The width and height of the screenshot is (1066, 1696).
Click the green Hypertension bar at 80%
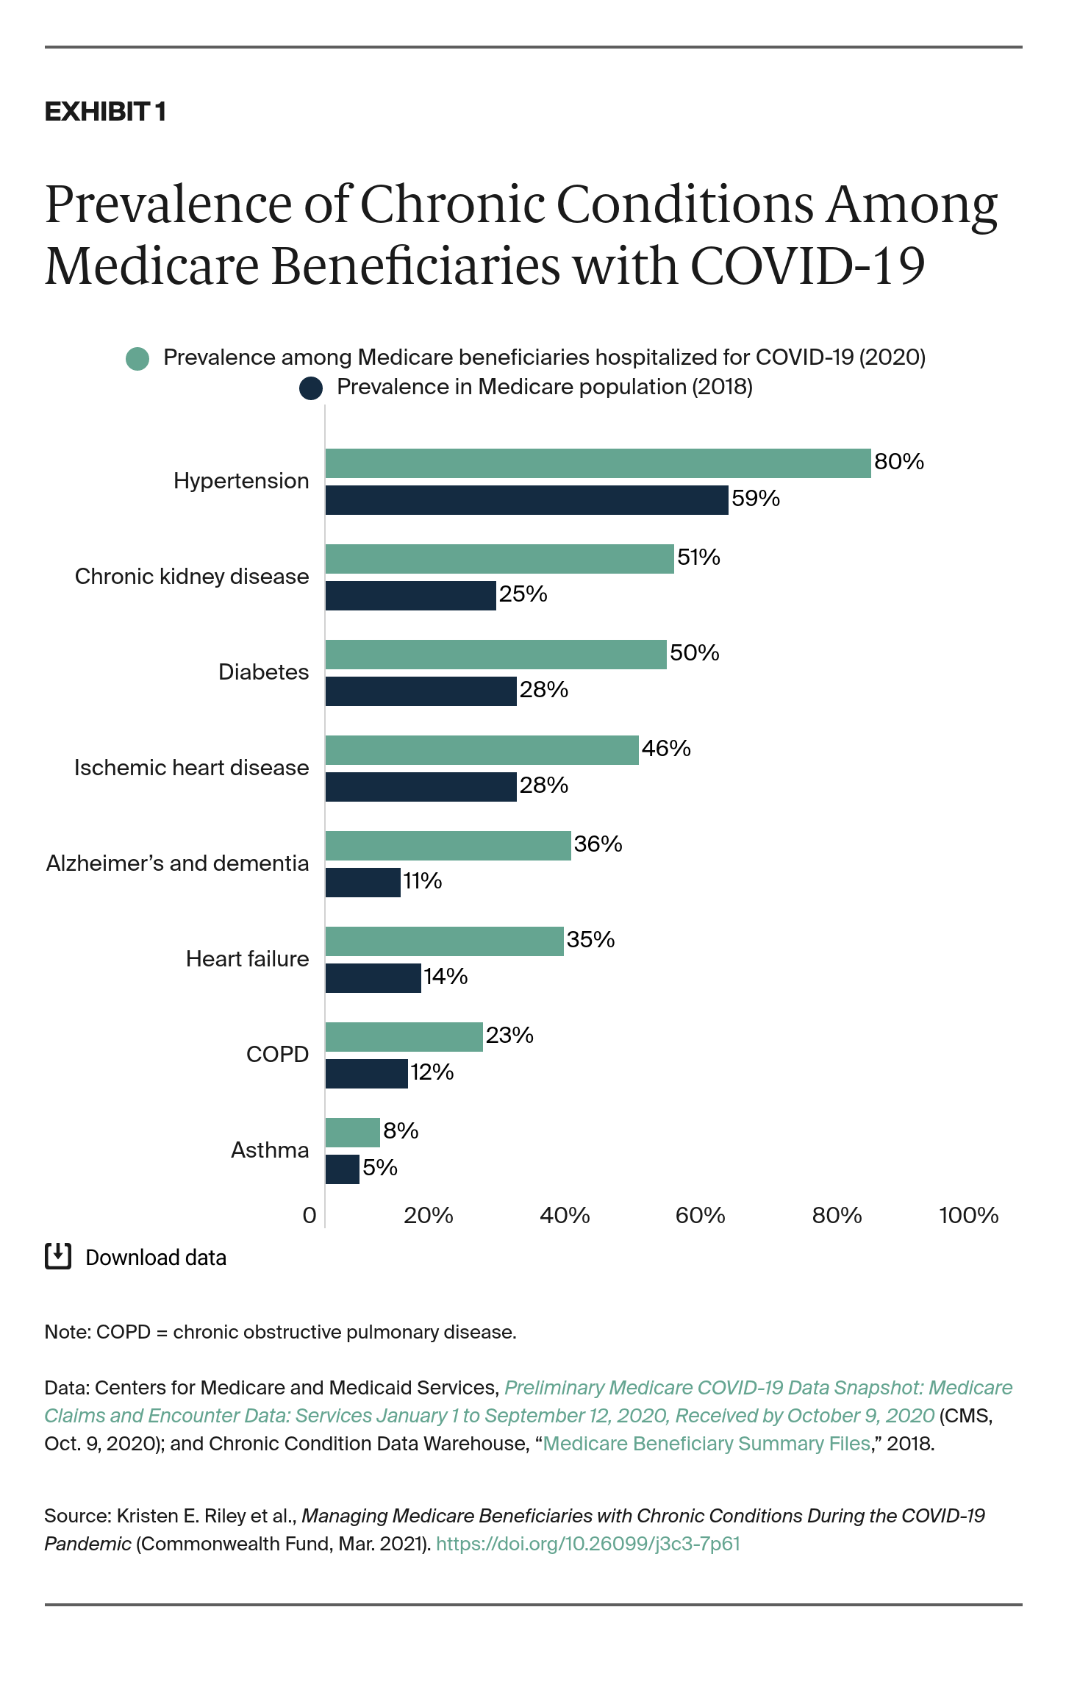coord(598,463)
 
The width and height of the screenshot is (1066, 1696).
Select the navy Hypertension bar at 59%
coord(526,500)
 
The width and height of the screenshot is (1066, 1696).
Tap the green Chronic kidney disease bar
coord(499,559)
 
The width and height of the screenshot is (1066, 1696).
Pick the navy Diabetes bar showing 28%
coord(421,691)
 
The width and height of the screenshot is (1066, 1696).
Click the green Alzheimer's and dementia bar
coord(448,846)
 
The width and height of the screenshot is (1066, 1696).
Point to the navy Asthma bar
coord(342,1169)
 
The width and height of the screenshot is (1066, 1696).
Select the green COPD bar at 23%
coord(404,1037)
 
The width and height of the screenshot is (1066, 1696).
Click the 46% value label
coord(666,749)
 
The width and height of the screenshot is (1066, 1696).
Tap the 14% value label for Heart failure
coord(446,977)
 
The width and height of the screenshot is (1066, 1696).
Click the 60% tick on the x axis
coord(700,1216)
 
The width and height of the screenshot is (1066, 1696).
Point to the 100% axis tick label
coord(968,1216)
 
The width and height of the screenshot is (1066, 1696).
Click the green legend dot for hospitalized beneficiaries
coord(137,359)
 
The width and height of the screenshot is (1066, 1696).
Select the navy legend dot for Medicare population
coord(311,388)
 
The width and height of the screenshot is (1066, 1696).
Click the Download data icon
coord(58,1256)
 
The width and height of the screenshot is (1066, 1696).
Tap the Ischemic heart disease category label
coord(191,768)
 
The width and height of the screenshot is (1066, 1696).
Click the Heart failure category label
coord(247,959)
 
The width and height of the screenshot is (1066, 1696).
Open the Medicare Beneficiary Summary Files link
coord(707,1444)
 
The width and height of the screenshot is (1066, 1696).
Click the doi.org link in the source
coord(587,1544)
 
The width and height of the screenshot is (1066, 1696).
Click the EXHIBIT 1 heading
coord(105,112)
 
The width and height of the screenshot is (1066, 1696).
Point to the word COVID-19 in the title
coord(806,266)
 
